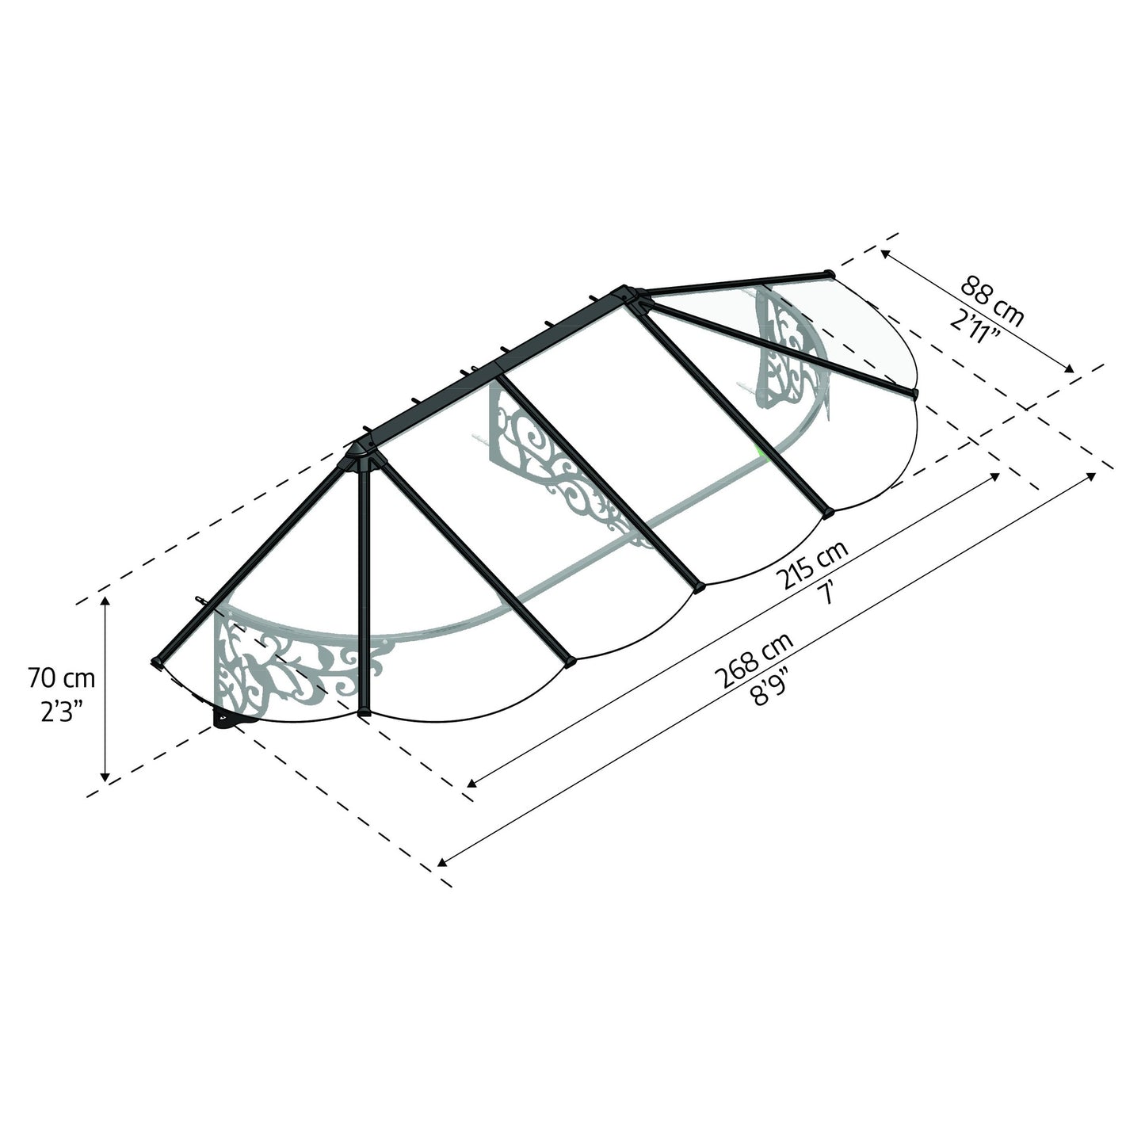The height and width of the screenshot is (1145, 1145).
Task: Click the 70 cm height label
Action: pos(61,678)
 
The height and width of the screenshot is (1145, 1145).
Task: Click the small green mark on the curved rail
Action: pos(762,452)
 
